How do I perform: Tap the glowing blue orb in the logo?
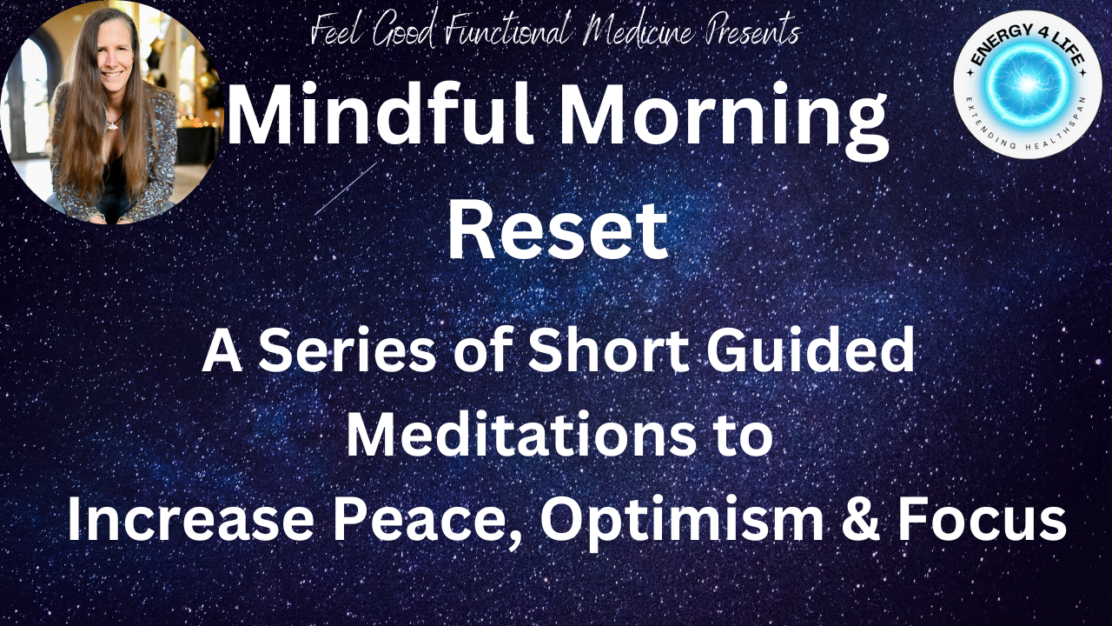click(x=1028, y=83)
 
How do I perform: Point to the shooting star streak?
click(x=346, y=189)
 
